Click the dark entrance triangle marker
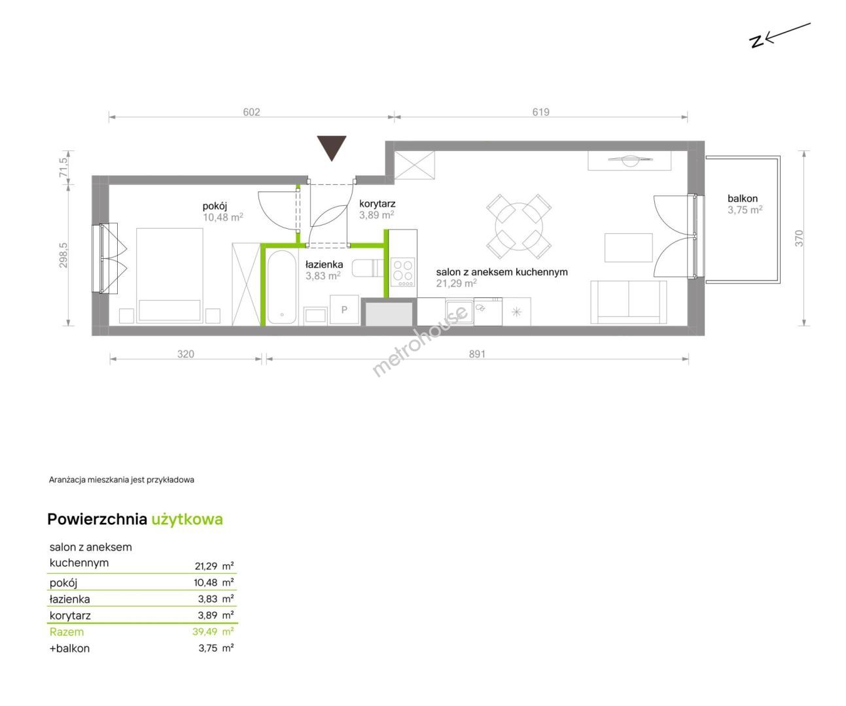point(332,146)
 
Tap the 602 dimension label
point(251,112)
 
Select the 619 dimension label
point(540,112)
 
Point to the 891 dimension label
point(477,354)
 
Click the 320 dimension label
point(186,354)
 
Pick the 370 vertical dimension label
point(799,239)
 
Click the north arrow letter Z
point(756,41)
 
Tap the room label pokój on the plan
point(215,207)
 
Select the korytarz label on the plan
point(378,204)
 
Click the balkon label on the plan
point(742,198)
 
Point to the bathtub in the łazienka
point(281,287)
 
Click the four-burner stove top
point(403,273)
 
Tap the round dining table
point(519,227)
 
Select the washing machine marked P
point(344,310)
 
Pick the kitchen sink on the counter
point(459,312)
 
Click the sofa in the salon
point(628,303)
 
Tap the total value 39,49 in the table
point(205,631)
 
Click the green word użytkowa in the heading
point(187,520)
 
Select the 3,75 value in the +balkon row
point(208,648)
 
